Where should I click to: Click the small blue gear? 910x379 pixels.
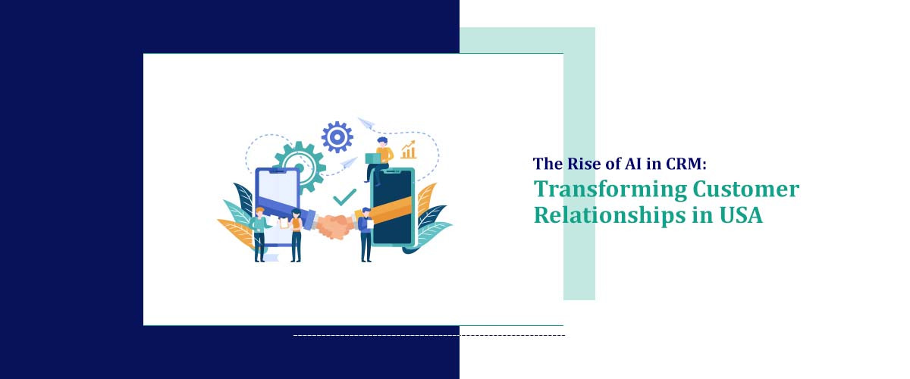pos(337,137)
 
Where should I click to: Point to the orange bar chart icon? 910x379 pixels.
pos(409,149)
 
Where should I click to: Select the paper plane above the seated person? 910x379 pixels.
pos(367,122)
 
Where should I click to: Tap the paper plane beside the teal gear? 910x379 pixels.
pos(349,161)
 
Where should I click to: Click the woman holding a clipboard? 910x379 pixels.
pos(295,233)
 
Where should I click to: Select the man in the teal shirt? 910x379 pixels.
pos(259,233)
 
